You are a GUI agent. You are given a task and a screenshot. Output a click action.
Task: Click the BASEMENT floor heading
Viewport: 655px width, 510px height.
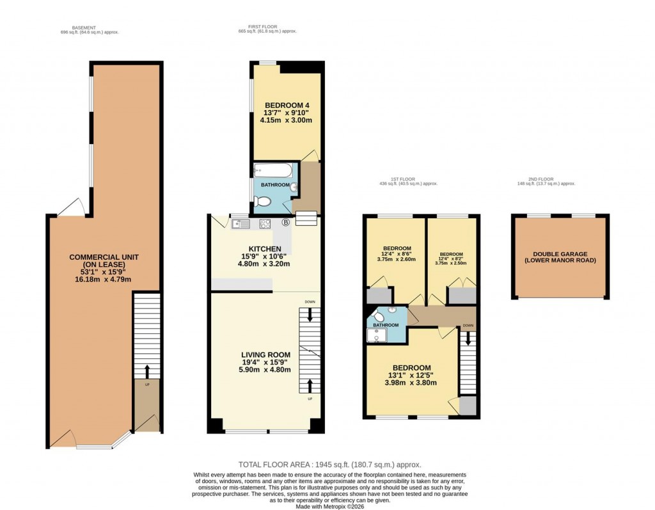84,28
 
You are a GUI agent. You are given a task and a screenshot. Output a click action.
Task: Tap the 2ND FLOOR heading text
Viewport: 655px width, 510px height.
546,179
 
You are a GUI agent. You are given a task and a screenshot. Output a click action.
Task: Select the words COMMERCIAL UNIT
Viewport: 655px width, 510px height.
104,257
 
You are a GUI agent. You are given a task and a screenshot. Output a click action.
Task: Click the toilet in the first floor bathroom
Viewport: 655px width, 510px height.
263,202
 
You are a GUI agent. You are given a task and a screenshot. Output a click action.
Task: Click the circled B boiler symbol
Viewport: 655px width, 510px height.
285,223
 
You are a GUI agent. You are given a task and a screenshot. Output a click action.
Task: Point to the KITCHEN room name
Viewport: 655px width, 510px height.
265,248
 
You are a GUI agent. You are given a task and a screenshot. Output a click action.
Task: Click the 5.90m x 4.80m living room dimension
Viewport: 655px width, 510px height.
265,369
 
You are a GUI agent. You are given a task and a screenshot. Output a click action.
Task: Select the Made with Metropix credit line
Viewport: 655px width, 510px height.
330,506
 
